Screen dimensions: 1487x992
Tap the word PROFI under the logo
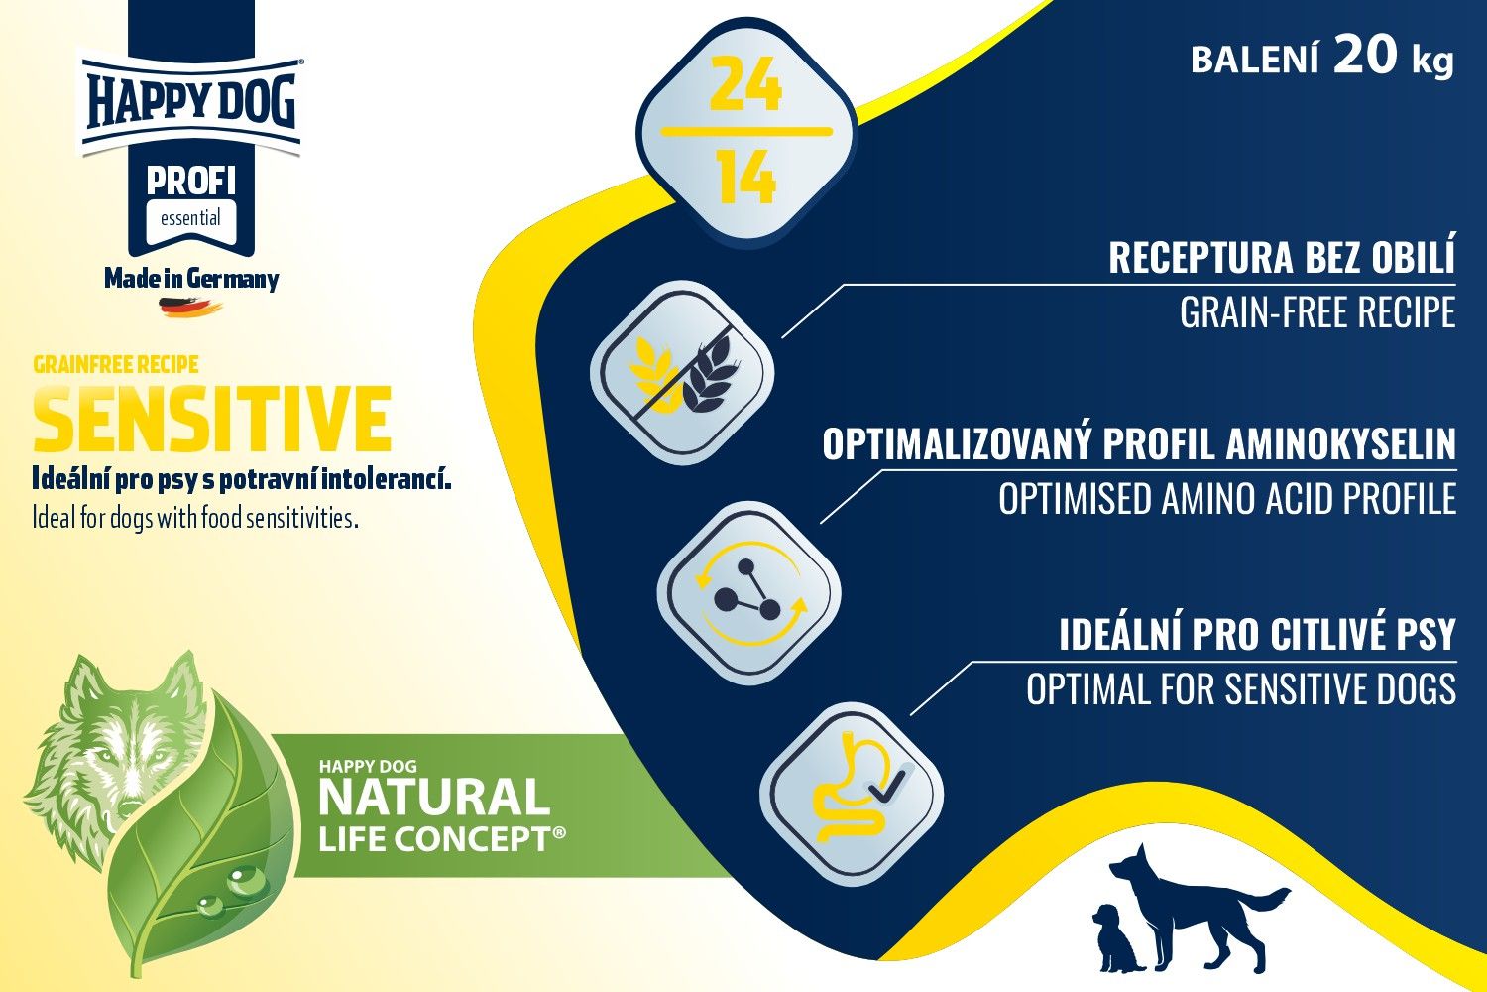pyautogui.click(x=190, y=182)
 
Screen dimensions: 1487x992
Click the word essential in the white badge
pyautogui.click(x=190, y=218)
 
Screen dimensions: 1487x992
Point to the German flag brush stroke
pyautogui.click(x=190, y=308)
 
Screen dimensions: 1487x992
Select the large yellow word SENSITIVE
pyautogui.click(x=212, y=419)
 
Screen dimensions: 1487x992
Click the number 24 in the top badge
pyautogui.click(x=744, y=85)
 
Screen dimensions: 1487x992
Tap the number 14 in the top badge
pyautogui.click(x=746, y=177)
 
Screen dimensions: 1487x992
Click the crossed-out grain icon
pyautogui.click(x=682, y=373)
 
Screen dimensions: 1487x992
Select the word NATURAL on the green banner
pyautogui.click(x=434, y=798)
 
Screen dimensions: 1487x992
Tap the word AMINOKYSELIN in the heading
pyautogui.click(x=1341, y=443)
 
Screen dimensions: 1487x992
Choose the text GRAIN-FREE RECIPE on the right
pyautogui.click(x=1317, y=312)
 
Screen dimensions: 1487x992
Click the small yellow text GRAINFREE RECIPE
pyautogui.click(x=116, y=365)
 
